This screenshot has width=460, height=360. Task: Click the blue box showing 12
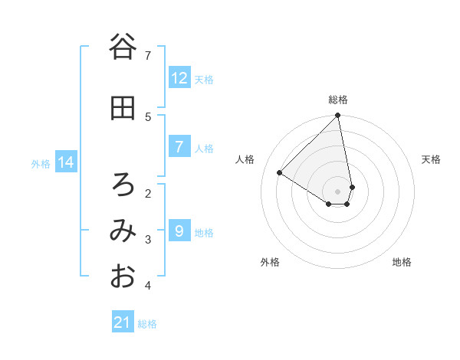[x=179, y=78]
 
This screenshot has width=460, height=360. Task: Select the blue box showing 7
[x=179, y=147]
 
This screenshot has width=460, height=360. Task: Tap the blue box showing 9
[x=179, y=231]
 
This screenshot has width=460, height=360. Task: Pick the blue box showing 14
[x=66, y=162]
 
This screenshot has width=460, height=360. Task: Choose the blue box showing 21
[x=123, y=322]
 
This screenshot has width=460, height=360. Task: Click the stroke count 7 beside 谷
[x=148, y=55]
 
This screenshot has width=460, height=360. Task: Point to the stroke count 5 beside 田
[x=148, y=116]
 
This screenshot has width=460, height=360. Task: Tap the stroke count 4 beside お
[x=148, y=286]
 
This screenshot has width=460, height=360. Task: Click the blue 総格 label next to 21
[x=147, y=324]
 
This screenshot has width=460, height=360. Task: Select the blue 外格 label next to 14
[x=41, y=163]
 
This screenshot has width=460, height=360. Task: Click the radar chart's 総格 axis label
[x=338, y=100]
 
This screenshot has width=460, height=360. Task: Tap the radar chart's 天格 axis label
[x=431, y=159]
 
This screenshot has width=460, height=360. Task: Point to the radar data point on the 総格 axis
[x=338, y=116]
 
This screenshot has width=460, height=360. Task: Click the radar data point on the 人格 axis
[x=280, y=173]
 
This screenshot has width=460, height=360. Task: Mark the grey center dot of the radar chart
[x=338, y=191]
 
